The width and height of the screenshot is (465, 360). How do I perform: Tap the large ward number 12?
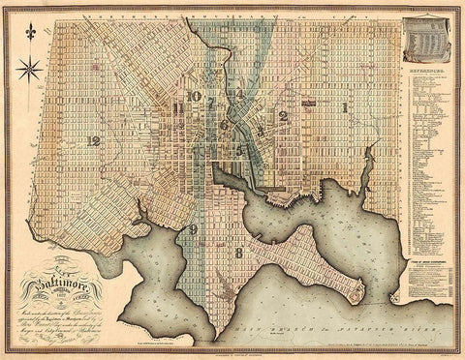93,141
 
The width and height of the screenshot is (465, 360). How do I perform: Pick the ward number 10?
195,96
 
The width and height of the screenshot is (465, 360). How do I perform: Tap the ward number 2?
283,116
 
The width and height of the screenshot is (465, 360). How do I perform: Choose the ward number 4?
239,94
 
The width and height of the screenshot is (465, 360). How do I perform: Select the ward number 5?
238,150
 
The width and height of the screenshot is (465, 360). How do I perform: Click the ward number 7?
210,103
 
